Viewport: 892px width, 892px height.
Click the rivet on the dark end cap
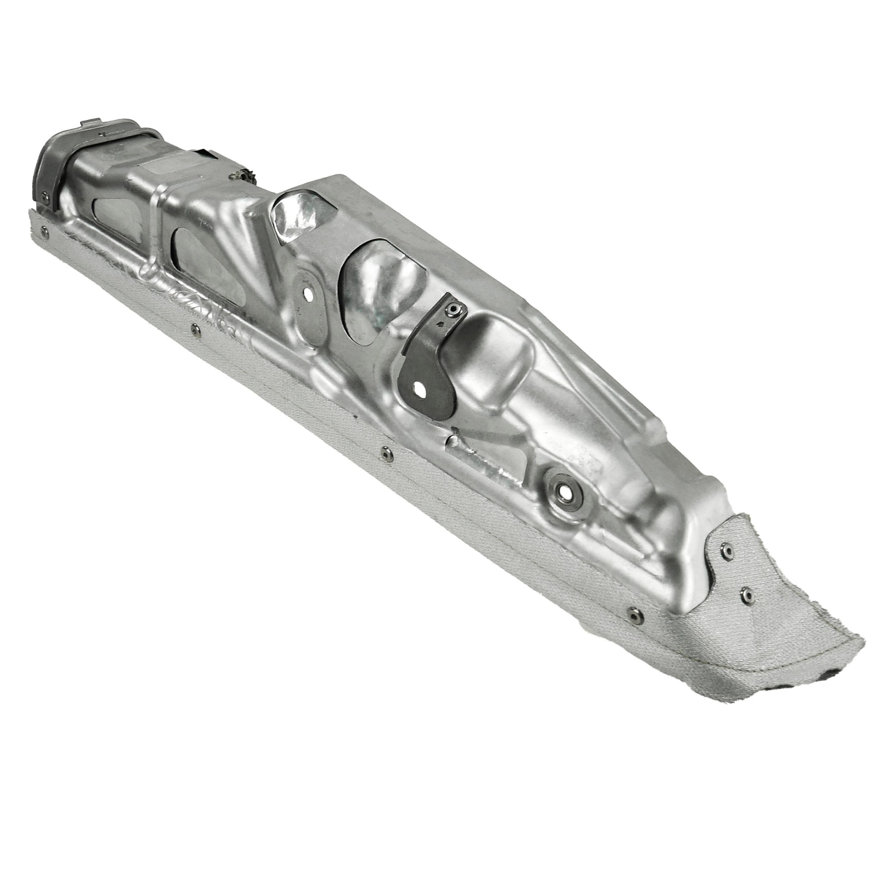pos(45,199)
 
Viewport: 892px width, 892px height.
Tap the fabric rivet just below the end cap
pos(44,232)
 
